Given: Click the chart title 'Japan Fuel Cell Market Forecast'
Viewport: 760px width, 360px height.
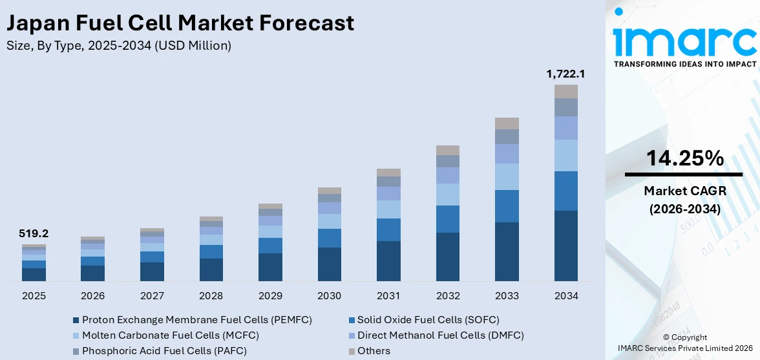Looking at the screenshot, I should (x=180, y=23).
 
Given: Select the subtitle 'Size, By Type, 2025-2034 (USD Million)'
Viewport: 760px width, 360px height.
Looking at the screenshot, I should (x=119, y=46).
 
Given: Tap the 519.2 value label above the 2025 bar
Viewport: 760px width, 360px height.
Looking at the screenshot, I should (x=34, y=233).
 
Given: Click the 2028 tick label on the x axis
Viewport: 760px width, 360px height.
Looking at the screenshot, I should (x=211, y=295).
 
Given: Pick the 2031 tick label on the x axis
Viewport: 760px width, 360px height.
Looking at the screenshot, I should (x=388, y=295).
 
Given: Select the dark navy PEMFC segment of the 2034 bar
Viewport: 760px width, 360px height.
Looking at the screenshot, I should (x=566, y=246).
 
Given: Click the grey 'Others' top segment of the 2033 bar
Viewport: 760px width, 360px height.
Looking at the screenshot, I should (x=507, y=123).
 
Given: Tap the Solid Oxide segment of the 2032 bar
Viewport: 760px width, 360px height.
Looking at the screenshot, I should (x=448, y=219).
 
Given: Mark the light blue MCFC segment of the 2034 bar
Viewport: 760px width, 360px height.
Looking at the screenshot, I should (x=566, y=155).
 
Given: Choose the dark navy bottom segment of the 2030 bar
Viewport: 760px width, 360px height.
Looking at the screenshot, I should (x=330, y=264).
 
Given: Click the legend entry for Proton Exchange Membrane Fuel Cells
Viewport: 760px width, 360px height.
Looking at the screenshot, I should (x=192, y=320).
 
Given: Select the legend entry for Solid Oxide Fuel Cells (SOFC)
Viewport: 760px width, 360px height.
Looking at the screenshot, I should (x=423, y=320).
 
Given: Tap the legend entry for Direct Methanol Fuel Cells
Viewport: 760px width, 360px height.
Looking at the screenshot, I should (x=436, y=335).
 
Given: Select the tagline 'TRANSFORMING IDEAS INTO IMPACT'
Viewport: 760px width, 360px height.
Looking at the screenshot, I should (x=684, y=65).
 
